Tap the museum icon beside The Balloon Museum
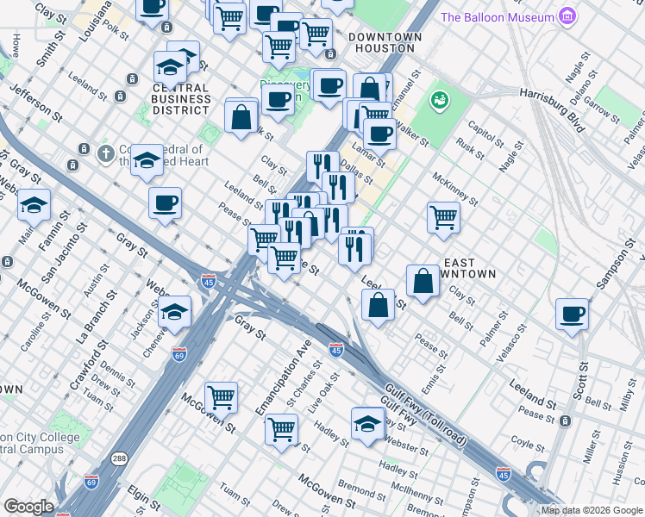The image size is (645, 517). [x=566, y=16]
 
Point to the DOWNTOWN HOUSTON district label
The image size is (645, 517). [x=385, y=43]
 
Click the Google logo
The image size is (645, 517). [x=28, y=507]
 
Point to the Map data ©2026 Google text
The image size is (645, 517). [x=592, y=510]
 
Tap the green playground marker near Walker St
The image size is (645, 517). [x=441, y=101]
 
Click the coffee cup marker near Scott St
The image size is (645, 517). [x=572, y=314]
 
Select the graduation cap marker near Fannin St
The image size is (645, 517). [x=34, y=205]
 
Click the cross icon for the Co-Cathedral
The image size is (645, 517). [x=105, y=153]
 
